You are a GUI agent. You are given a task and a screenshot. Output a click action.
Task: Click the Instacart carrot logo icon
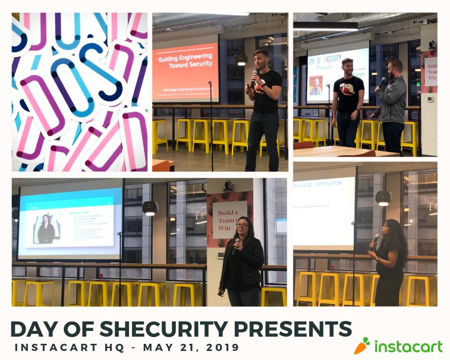362,346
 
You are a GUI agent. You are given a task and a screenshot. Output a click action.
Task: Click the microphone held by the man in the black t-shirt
254,76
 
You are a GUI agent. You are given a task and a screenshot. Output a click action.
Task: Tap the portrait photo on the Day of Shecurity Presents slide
315,86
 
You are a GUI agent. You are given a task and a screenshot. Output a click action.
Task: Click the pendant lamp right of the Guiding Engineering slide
241,59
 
